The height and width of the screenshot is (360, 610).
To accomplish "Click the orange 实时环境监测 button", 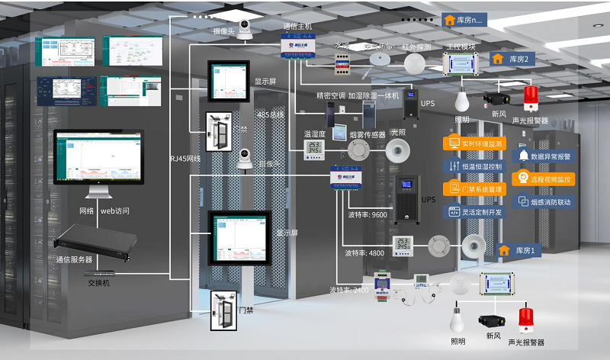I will (474, 143).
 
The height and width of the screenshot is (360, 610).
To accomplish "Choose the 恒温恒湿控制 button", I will (474, 166).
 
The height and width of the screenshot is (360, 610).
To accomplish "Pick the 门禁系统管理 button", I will (474, 188).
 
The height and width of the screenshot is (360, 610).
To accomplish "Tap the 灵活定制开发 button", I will (474, 211).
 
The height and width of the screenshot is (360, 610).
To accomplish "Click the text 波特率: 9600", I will (367, 214).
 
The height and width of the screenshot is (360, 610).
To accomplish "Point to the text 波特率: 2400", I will (349, 290).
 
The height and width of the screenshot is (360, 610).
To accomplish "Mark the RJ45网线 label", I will (185, 159).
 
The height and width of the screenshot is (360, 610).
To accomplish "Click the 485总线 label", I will (271, 115).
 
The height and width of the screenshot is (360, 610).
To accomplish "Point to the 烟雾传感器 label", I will (367, 134).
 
